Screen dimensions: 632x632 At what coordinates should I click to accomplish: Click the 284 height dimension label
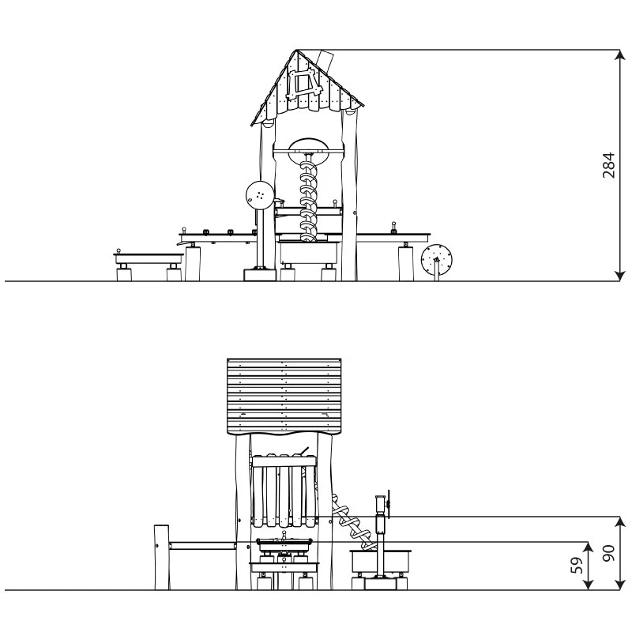click(608, 165)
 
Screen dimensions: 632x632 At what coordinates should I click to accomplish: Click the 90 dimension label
click(608, 553)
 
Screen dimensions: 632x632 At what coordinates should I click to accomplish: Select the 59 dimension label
click(578, 565)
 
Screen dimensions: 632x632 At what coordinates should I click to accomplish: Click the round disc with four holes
click(260, 195)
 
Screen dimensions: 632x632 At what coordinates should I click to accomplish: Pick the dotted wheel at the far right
click(437, 258)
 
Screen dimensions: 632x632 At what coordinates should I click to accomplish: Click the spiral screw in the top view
click(308, 198)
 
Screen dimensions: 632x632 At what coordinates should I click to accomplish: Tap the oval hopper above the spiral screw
click(309, 152)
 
